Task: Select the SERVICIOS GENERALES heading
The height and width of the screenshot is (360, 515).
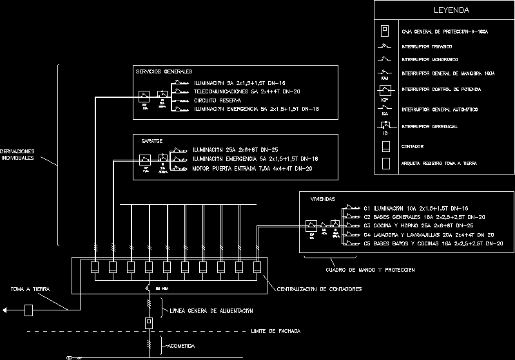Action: [164, 71]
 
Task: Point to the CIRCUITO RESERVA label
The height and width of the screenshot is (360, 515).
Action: [217, 100]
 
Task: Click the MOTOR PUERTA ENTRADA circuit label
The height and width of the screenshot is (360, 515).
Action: [252, 168]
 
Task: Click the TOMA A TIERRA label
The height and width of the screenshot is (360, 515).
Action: [30, 289]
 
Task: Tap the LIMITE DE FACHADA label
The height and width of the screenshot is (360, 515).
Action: [275, 331]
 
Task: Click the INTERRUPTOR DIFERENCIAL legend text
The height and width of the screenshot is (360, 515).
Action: [429, 127]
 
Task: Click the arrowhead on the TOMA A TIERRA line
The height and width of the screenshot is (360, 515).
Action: [5, 311]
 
